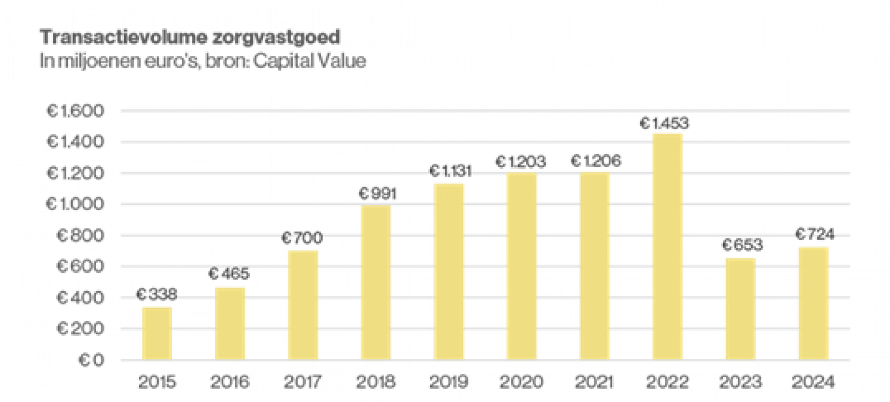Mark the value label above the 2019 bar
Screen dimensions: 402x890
(x=450, y=171)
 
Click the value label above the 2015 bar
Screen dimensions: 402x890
(x=157, y=295)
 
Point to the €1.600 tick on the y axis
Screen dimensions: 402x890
(x=76, y=110)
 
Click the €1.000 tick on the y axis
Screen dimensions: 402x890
(x=76, y=204)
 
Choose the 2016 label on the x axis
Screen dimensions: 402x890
(x=230, y=381)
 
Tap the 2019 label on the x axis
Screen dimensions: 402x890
(x=449, y=381)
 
